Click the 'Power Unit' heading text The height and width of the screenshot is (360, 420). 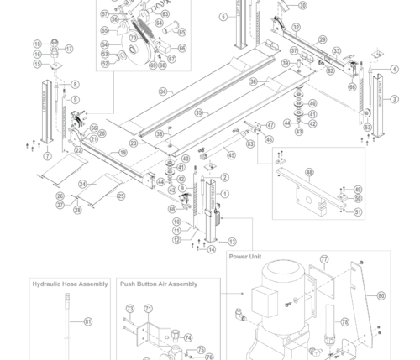tap(246, 256)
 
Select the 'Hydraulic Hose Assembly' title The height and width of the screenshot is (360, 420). tap(70, 284)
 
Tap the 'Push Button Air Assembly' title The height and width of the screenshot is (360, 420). tap(159, 284)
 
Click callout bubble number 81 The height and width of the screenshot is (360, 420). tap(88, 321)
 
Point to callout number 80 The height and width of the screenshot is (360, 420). tap(381, 295)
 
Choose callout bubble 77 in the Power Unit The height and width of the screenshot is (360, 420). tap(324, 259)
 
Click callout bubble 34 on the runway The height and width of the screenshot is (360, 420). tap(163, 91)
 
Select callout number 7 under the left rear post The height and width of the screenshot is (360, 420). tap(47, 156)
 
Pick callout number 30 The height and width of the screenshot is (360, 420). tap(302, 6)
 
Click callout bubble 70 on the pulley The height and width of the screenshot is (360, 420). tap(133, 38)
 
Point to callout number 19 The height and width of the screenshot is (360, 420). tap(123, 152)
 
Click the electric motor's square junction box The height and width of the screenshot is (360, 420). tap(257, 299)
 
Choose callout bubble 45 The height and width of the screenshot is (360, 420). tap(231, 154)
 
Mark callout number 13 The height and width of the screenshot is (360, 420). tap(232, 242)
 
